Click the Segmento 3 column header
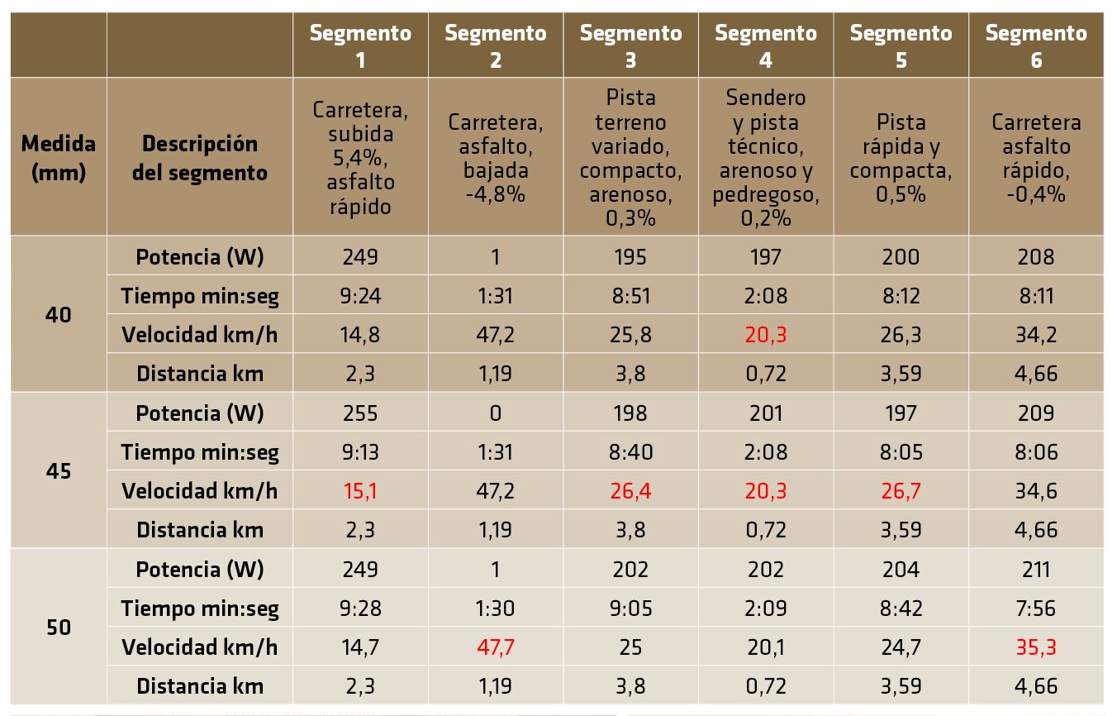(x=630, y=46)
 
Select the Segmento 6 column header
(x=1036, y=46)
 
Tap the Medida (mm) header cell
(x=58, y=157)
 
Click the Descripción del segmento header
(x=200, y=157)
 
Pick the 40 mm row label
(x=58, y=315)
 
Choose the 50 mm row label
(x=58, y=628)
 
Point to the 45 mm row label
(x=58, y=471)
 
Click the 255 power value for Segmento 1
(x=360, y=413)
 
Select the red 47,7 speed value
(x=496, y=647)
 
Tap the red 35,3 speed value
(x=1036, y=647)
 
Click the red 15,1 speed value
(x=360, y=491)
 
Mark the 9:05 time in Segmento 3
(x=630, y=609)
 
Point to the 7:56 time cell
(x=1036, y=609)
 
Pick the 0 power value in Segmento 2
(x=496, y=413)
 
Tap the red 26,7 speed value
(x=901, y=491)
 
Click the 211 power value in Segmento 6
(x=1036, y=570)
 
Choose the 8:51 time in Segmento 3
(x=630, y=296)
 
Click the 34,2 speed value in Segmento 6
(x=1036, y=335)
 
